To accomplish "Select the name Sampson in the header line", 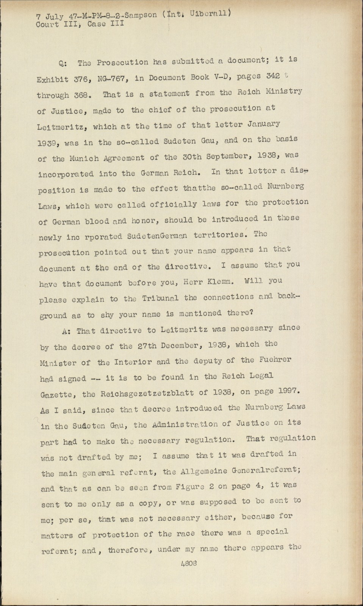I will click(x=142, y=15).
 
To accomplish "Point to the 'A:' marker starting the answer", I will click(x=66, y=331).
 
